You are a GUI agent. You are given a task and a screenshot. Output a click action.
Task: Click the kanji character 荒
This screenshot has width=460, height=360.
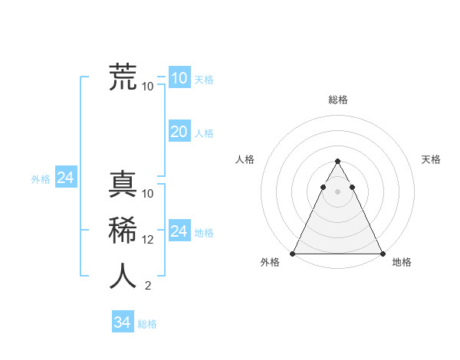pos(123,77)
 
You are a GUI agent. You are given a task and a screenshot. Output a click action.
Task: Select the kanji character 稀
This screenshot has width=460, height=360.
pos(123,231)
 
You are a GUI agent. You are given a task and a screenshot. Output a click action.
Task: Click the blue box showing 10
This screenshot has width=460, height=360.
pos(179,78)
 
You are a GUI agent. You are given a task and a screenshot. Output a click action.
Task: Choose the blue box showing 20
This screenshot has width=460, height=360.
pos(179,132)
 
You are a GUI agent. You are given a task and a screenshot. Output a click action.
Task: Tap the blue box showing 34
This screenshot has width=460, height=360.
pos(123,322)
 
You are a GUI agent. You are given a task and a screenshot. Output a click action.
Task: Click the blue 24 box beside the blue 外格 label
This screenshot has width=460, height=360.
pos(66,178)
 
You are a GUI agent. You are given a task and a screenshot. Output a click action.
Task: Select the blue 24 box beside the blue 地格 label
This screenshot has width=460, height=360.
pos(179,231)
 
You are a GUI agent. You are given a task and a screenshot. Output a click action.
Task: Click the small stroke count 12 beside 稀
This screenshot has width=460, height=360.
pos(148,240)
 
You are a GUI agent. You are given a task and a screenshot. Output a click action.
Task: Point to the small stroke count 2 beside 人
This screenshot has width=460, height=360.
pos(147,286)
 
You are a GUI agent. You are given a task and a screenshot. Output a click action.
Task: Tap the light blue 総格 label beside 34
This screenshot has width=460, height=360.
pos(147,324)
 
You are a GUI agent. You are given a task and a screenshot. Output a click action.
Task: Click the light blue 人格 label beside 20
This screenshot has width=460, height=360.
pos(204,133)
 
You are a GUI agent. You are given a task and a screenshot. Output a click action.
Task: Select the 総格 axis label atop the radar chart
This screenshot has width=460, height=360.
pos(337,100)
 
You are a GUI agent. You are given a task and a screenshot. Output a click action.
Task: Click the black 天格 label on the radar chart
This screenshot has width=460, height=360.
pos(431,159)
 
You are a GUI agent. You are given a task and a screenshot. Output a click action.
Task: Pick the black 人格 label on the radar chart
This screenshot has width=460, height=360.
pos(245,159)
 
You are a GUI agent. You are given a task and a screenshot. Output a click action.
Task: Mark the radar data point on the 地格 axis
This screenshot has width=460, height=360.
pos(382,254)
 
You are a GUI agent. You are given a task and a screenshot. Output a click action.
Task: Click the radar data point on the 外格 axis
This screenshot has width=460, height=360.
pos(293,254)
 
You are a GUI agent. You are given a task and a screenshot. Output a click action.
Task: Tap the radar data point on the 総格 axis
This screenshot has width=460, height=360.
pos(337,161)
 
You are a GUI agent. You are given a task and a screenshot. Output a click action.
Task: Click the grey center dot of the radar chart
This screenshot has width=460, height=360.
pos(337,191)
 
